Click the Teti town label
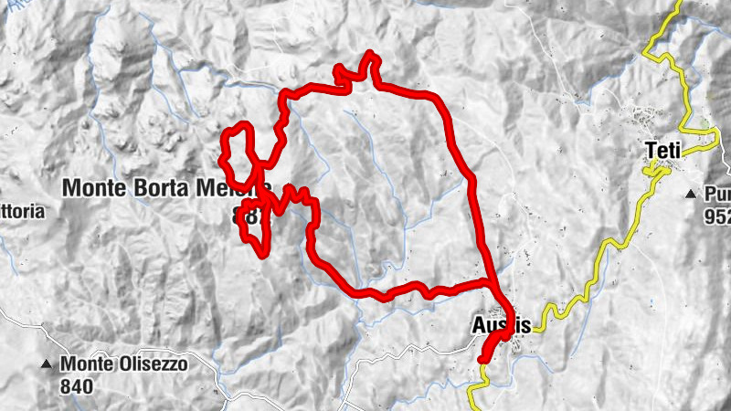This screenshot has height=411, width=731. pyautogui.click(x=664, y=150)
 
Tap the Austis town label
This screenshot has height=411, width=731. pyautogui.click(x=501, y=324)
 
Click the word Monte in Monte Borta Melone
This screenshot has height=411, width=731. pyautogui.click(x=93, y=188)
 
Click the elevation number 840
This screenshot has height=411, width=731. pyautogui.click(x=78, y=385)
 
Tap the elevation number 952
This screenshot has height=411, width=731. pyautogui.click(x=716, y=218)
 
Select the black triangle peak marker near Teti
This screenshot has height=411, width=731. pyautogui.click(x=691, y=194)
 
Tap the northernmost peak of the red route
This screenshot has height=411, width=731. pyautogui.click(x=370, y=54)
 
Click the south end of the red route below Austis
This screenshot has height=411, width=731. pyautogui.click(x=482, y=360)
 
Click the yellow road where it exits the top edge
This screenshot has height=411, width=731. pyautogui.click(x=680, y=4)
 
